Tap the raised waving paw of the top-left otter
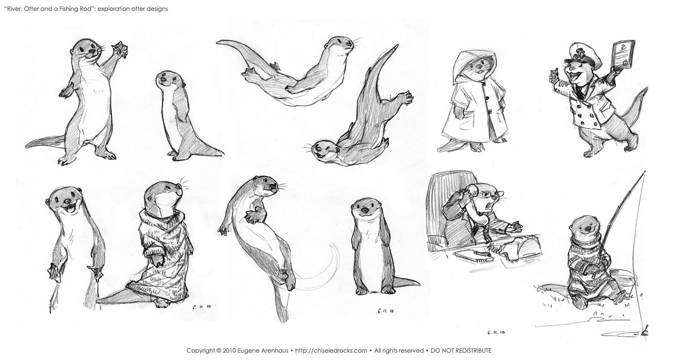click(120, 48)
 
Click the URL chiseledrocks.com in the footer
click(331, 351)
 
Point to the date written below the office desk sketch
click(496, 332)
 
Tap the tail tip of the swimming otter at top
click(219, 43)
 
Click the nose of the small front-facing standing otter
click(365, 210)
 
